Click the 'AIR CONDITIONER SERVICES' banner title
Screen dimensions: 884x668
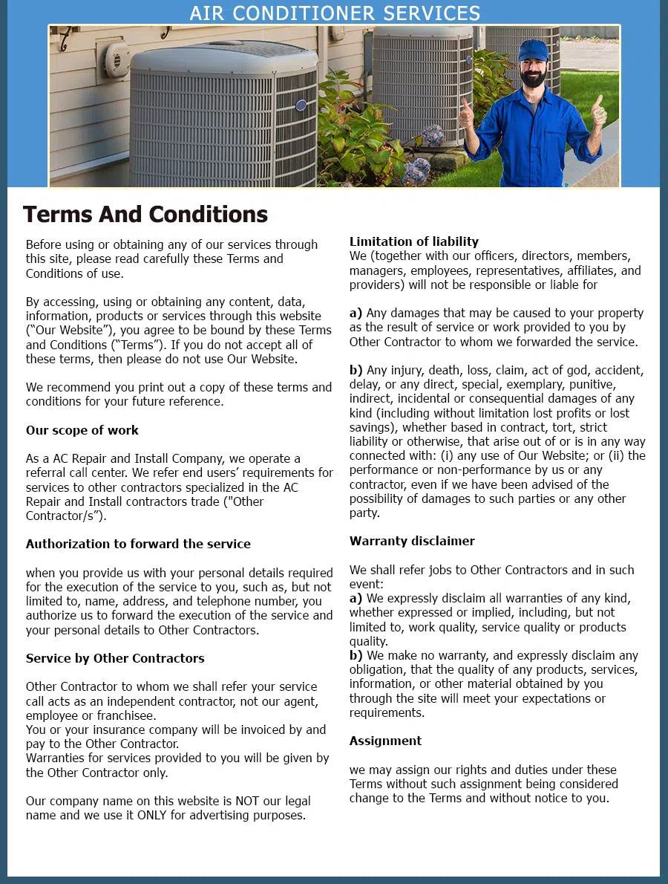click(x=335, y=13)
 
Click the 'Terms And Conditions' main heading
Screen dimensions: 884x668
click(x=145, y=215)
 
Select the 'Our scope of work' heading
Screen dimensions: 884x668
click(x=82, y=430)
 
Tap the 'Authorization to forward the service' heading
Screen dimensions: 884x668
click(x=138, y=544)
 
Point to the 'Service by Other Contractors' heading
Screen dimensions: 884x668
click(x=115, y=658)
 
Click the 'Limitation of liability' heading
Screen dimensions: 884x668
click(x=413, y=241)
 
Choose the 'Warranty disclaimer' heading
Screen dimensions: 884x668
click(x=412, y=541)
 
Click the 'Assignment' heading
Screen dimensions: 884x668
click(x=385, y=741)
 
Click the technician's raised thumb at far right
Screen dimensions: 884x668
click(x=598, y=111)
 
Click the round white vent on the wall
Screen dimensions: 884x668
click(x=117, y=59)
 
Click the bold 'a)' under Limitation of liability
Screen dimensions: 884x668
click(x=356, y=313)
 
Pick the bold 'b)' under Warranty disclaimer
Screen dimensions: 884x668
click(x=356, y=655)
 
